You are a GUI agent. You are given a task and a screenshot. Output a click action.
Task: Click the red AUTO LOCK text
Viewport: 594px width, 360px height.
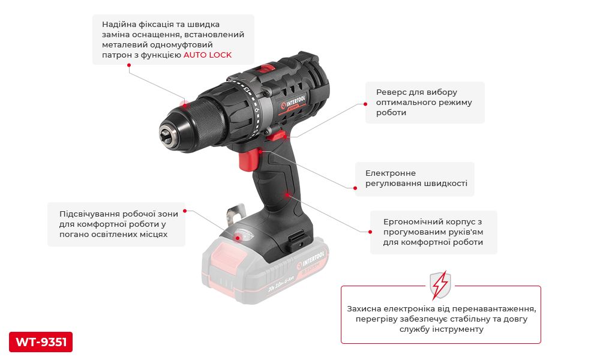pos(207,55)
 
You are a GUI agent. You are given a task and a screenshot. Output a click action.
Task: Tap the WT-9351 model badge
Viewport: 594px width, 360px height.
pos(41,342)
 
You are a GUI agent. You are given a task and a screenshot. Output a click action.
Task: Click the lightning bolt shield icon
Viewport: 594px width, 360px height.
pos(440,284)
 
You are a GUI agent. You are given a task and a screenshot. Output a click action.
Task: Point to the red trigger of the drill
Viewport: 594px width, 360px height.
pos(249,160)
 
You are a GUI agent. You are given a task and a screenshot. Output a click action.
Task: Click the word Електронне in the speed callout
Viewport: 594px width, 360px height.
pos(390,173)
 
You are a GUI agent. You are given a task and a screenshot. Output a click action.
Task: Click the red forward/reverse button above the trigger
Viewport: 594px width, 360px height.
pos(278,135)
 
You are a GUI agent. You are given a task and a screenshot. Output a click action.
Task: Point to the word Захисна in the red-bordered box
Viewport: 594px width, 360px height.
pos(364,308)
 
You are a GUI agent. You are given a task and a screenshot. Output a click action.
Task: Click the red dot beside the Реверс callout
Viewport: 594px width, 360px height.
pos(365,103)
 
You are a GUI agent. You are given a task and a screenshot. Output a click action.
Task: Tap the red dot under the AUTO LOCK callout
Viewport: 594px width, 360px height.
pos(129,65)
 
